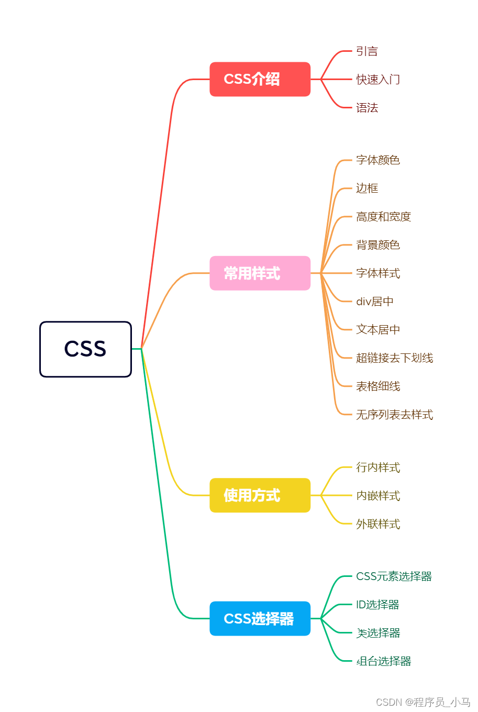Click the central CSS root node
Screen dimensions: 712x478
85,349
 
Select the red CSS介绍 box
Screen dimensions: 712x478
260,79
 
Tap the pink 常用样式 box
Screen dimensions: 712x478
260,273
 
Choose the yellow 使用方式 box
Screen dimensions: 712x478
260,495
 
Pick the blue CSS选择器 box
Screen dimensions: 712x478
260,619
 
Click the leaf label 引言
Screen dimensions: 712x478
367,51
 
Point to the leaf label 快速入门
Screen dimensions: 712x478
378,80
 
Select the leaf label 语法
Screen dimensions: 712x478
367,108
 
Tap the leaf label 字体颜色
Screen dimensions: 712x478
378,160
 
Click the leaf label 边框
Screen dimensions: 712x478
367,188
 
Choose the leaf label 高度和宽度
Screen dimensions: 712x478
383,217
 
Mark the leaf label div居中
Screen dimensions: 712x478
375,302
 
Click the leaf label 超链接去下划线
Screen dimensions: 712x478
394,358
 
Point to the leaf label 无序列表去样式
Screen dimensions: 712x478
394,415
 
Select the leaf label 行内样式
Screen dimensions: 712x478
378,468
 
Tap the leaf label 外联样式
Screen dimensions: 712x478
378,524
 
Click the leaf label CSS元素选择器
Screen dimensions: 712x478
394,576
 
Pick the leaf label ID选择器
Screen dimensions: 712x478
377,605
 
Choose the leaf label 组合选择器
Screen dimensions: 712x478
384,661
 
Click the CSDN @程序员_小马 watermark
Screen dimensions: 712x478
423,702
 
